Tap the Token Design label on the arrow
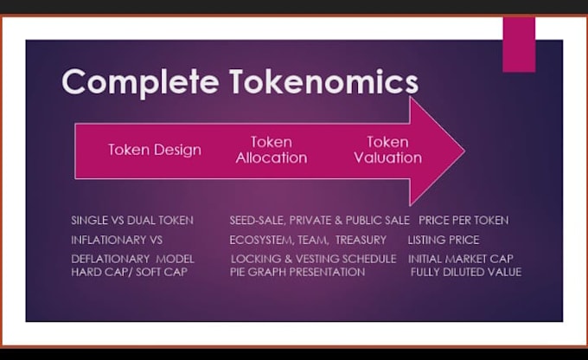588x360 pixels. click(155, 150)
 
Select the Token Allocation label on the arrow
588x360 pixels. click(271, 150)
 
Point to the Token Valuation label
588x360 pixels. click(387, 150)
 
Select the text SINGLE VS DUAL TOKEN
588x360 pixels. click(132, 220)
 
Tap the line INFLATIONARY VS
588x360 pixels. click(117, 240)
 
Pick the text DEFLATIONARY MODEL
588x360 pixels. click(132, 259)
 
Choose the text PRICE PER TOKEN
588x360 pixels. click(463, 220)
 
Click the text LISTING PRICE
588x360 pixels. click(444, 240)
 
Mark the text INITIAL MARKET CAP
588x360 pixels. click(461, 259)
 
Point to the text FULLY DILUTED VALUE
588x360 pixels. click(466, 272)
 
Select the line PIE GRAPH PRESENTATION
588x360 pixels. click(297, 272)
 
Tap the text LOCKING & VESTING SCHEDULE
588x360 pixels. click(313, 259)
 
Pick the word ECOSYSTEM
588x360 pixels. click(261, 240)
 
